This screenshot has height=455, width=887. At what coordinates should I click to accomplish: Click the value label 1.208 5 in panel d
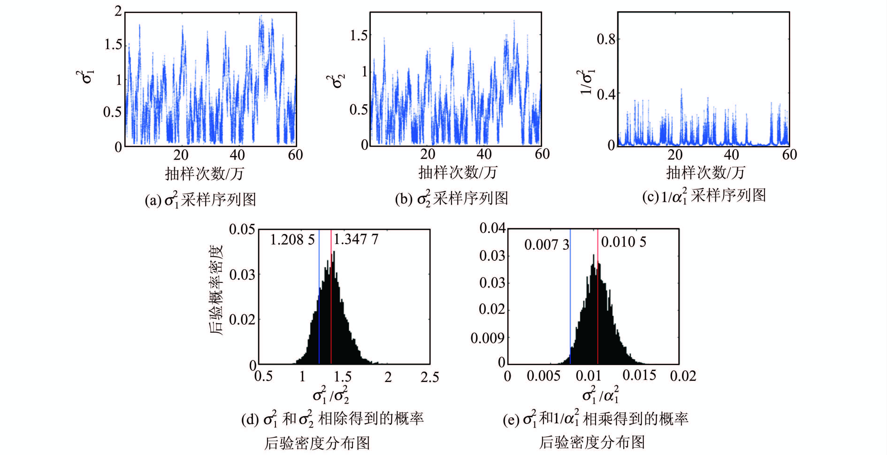pos(292,240)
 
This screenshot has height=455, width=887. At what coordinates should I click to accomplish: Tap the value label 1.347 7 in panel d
pos(356,239)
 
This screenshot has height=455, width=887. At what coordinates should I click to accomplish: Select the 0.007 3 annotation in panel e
pos(547,245)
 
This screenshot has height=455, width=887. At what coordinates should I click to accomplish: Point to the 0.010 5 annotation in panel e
pos(623,242)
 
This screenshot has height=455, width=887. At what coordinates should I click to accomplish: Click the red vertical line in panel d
pos(331,310)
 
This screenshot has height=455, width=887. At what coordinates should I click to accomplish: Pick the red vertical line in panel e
pos(598,310)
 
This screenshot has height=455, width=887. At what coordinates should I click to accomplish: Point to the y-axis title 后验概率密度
pos(216,290)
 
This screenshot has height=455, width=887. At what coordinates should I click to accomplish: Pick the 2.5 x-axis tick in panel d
pos(429,377)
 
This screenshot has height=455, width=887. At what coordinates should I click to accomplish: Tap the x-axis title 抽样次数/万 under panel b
pos(458,172)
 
